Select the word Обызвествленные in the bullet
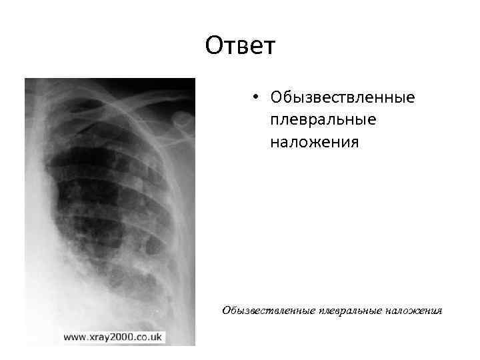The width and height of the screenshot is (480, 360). point(343,98)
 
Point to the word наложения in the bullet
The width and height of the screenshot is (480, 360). point(315,142)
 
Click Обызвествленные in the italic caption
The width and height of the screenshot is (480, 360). point(267,310)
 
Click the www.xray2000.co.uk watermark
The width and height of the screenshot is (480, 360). point(113,337)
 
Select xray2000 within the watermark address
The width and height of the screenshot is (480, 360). point(113,337)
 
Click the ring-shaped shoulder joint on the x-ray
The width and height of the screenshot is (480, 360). point(181,119)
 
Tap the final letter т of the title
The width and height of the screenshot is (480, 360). point(268,47)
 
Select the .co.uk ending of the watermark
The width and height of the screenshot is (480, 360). point(148,337)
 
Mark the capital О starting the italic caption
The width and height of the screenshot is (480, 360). point(227,310)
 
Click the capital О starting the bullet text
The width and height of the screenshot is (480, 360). point(277,98)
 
